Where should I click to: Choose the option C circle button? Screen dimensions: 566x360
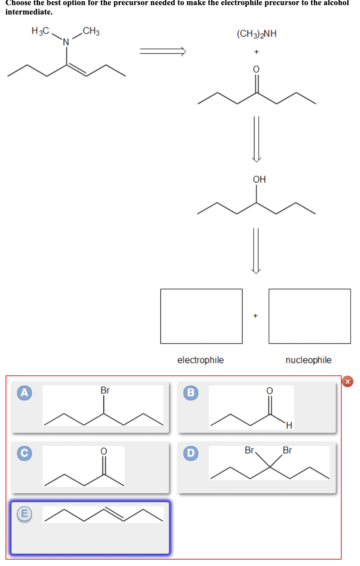tap(25, 454)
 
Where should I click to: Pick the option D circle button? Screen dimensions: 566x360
tap(191, 454)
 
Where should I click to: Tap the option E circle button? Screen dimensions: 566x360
tap(25, 514)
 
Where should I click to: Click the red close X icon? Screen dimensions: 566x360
tap(348, 382)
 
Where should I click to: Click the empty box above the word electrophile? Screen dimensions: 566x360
tap(201, 316)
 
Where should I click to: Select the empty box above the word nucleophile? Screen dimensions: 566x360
tap(310, 316)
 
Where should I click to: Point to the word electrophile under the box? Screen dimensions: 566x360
tap(200, 360)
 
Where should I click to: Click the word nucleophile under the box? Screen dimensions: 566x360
tap(309, 360)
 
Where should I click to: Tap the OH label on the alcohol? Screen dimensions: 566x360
tap(259, 180)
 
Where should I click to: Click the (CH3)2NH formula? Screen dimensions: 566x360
tap(257, 34)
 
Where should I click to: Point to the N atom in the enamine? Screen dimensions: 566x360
tap(66, 42)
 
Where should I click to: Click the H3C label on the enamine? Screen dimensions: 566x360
tap(40, 31)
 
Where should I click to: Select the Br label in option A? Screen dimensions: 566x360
tap(105, 390)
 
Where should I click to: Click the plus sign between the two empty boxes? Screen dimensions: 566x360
tap(255, 316)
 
